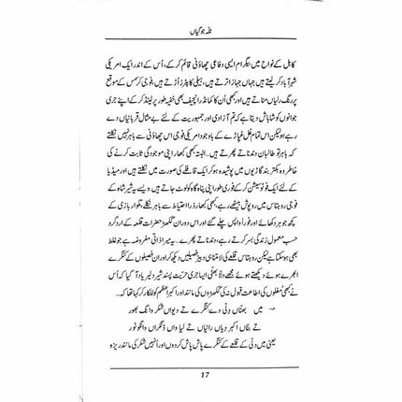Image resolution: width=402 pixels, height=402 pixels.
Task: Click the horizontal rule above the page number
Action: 201,363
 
